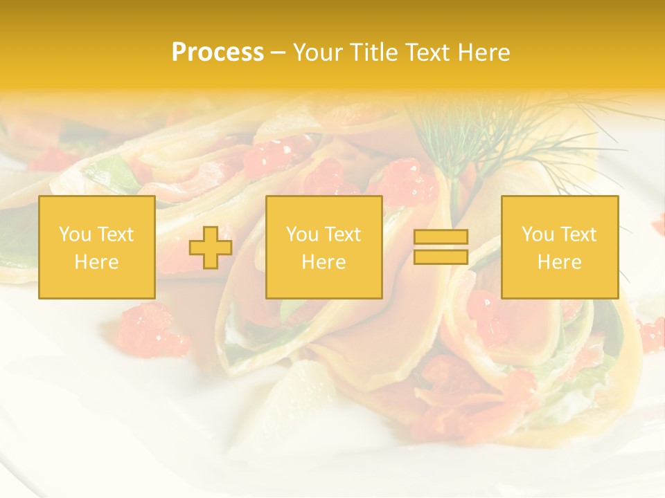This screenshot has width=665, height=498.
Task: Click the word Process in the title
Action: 218,53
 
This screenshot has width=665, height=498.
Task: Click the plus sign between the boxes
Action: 211,248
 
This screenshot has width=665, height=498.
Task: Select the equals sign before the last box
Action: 441,247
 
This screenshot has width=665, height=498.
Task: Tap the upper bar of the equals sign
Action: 441,237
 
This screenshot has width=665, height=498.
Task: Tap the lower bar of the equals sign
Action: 441,257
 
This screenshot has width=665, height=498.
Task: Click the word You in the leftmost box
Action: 75,234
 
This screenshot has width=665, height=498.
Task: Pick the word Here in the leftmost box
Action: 96,262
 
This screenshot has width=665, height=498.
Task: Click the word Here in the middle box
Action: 323,262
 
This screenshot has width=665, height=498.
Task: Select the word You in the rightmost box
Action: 538,234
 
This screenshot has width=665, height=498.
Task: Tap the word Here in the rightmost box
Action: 559,262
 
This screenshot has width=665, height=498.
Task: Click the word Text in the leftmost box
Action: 115,234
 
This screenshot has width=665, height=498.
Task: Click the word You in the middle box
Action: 302,234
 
